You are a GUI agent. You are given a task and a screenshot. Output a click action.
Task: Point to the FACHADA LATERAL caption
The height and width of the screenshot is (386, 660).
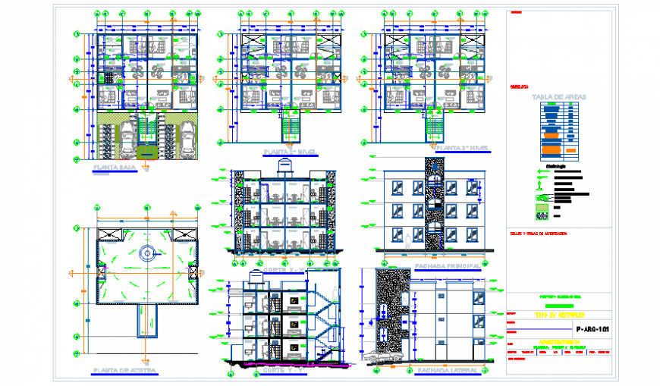(446, 370)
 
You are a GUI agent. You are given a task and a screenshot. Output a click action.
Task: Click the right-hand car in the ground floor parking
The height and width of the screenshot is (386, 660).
(187, 137)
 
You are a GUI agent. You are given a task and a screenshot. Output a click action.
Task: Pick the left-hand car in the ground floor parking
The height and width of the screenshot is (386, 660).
(107, 137)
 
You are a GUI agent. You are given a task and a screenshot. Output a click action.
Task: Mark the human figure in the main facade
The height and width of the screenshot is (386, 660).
(407, 240)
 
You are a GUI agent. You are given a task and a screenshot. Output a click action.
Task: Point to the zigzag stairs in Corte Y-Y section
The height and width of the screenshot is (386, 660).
(326, 322)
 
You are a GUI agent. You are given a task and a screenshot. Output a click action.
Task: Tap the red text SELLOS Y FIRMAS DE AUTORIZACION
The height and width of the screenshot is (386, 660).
(539, 234)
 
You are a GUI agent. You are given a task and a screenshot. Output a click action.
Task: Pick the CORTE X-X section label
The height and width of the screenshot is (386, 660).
(283, 268)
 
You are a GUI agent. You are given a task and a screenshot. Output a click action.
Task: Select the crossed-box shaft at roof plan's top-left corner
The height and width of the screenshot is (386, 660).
(106, 233)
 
